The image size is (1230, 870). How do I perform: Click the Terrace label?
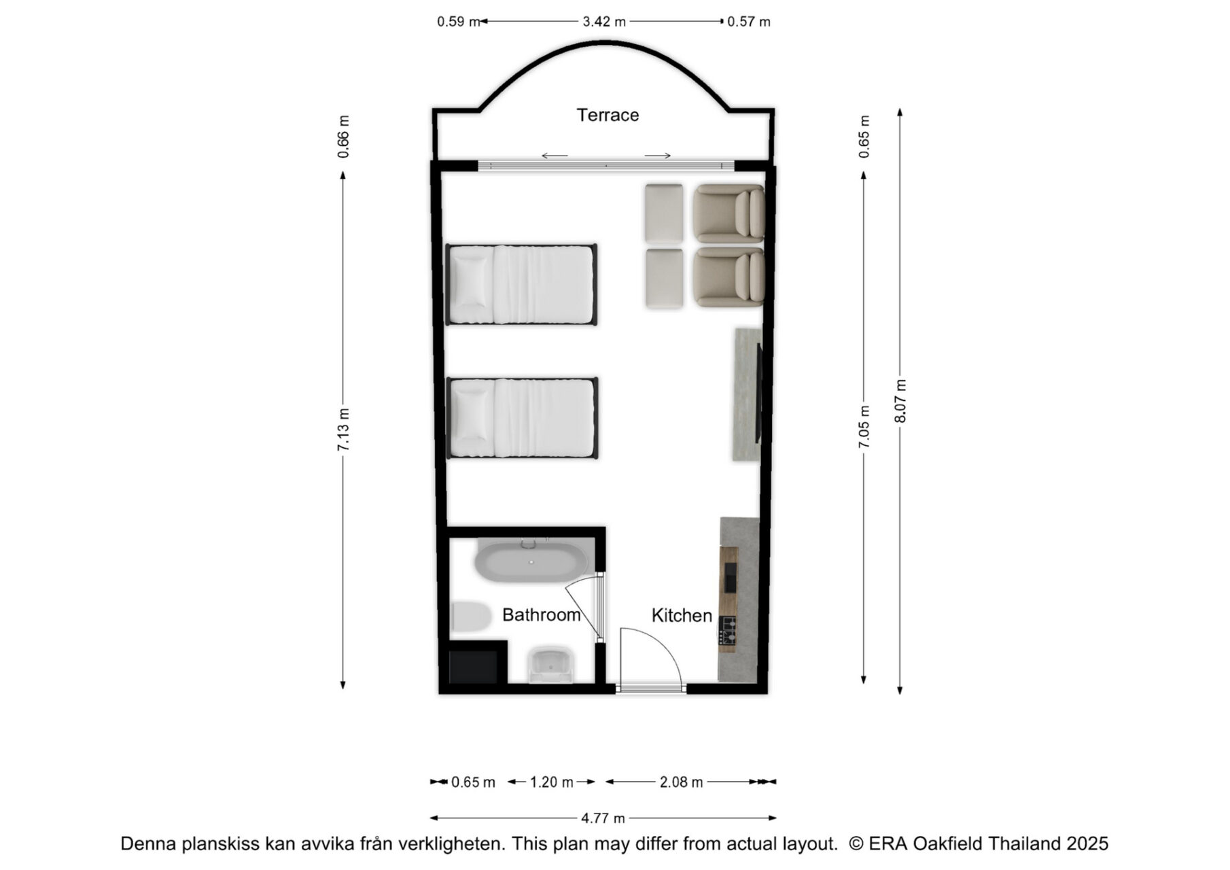click(x=608, y=115)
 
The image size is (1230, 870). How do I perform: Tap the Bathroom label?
click(x=541, y=614)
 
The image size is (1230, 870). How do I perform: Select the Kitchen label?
click(x=682, y=615)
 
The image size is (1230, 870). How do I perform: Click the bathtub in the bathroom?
click(x=532, y=561)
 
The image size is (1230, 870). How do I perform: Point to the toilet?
click(x=471, y=617)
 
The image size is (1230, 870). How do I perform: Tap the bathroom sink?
click(x=551, y=665)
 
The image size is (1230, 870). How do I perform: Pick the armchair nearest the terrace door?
click(x=728, y=213)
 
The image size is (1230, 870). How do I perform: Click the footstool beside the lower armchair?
click(x=664, y=279)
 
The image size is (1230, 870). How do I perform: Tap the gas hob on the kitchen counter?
click(x=728, y=630)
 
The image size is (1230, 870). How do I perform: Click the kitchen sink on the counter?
click(x=730, y=578)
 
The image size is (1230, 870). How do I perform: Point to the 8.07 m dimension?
click(x=900, y=401)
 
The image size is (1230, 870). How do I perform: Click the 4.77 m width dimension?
click(x=603, y=818)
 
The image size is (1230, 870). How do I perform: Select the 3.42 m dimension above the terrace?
click(x=603, y=22)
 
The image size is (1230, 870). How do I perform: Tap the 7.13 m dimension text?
click(x=343, y=430)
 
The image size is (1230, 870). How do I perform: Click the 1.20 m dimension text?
click(x=551, y=782)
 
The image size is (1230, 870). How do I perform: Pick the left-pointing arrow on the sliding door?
click(x=555, y=156)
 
